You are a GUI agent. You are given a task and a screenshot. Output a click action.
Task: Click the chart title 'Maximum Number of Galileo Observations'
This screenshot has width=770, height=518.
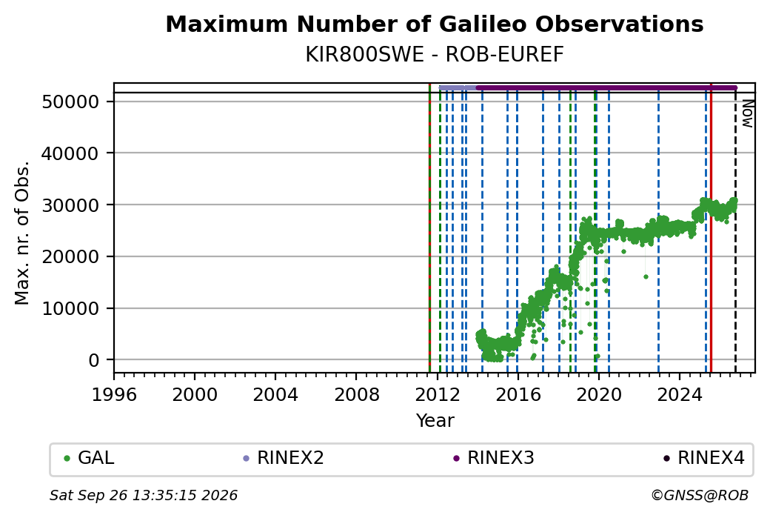[x=434, y=24]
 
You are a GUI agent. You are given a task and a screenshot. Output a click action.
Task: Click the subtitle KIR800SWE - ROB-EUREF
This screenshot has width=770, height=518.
[x=434, y=55]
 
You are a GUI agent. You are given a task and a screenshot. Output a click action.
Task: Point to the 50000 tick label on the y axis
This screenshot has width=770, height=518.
[x=71, y=102]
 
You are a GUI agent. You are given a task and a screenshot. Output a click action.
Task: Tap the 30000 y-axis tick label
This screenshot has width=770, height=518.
[x=71, y=205]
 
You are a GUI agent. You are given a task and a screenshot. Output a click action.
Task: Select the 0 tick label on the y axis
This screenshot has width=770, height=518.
[x=94, y=360]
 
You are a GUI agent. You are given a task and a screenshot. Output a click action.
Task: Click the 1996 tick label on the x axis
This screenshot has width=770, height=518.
[x=114, y=395]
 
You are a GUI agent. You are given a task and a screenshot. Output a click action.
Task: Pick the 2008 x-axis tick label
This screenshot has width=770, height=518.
[x=357, y=395]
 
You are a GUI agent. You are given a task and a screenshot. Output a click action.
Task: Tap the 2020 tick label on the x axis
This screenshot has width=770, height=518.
[x=599, y=395]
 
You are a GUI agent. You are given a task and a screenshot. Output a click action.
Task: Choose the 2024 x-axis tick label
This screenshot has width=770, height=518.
[x=680, y=395]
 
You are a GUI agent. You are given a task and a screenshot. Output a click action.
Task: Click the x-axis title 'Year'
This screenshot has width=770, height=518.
[x=435, y=421]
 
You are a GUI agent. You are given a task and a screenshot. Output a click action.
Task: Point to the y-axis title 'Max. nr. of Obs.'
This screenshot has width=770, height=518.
[x=22, y=233]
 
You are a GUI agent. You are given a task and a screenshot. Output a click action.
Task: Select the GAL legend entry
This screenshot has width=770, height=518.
[x=90, y=458]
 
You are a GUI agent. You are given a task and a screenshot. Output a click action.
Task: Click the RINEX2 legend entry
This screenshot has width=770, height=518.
[x=284, y=458]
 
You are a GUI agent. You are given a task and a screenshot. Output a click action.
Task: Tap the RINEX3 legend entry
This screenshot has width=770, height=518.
[x=494, y=458]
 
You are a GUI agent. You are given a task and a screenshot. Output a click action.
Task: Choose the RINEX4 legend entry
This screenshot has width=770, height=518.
[x=704, y=458]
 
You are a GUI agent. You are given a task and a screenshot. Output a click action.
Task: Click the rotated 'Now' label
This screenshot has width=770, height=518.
[x=747, y=113]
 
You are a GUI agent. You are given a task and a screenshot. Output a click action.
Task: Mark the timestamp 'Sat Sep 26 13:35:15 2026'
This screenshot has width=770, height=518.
[x=144, y=495]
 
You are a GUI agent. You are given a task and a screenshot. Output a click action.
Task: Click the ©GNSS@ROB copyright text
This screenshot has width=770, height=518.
[x=700, y=495]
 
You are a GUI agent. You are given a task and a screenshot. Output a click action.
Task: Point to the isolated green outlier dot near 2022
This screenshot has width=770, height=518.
[x=646, y=276]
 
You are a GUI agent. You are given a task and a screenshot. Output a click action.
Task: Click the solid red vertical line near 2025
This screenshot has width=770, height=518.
[x=711, y=228]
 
